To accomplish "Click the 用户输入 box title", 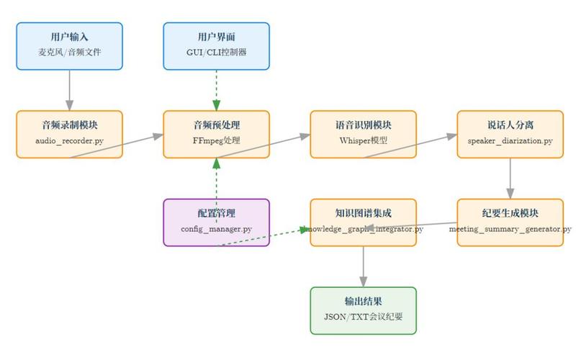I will pyautogui.click(x=70, y=37).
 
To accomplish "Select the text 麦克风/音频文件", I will pyautogui.click(x=70, y=53).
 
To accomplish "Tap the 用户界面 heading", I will pyautogui.click(x=217, y=37).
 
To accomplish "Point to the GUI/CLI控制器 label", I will pyautogui.click(x=217, y=53).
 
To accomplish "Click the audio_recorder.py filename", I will pyautogui.click(x=70, y=141).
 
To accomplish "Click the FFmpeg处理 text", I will pyautogui.click(x=217, y=141).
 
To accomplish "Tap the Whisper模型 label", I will pyautogui.click(x=364, y=141).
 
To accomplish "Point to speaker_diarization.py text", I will pyautogui.click(x=510, y=141).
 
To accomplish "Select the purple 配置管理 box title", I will pyautogui.click(x=217, y=214).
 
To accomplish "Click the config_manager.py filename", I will pyautogui.click(x=217, y=230).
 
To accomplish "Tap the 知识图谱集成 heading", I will pyautogui.click(x=364, y=214).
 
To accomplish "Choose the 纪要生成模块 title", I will pyautogui.click(x=510, y=214).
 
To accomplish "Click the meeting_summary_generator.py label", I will pyautogui.click(x=510, y=230).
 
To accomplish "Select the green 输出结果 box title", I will pyautogui.click(x=364, y=302).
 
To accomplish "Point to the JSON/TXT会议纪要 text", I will pyautogui.click(x=364, y=318).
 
